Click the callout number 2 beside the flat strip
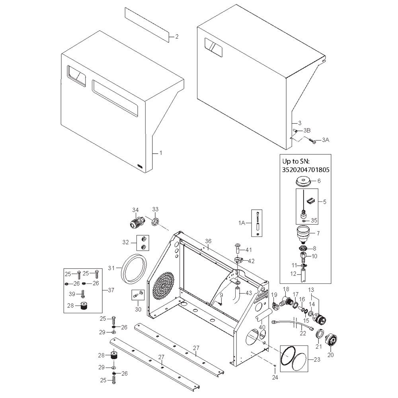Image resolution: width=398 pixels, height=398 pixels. click(x=177, y=37)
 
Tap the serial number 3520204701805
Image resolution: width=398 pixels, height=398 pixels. click(x=306, y=170)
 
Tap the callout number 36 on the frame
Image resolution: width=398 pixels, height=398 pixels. click(x=208, y=241)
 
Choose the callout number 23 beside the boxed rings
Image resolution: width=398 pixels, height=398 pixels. click(x=317, y=359)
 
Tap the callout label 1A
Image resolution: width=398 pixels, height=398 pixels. click(x=242, y=223)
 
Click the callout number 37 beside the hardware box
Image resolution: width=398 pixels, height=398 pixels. click(x=111, y=290)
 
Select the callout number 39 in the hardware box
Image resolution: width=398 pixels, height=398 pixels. click(x=72, y=294)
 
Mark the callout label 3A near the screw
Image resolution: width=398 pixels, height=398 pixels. click(x=326, y=140)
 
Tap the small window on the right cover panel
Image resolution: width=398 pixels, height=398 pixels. click(x=213, y=47)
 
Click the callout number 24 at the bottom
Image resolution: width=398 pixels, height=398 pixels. click(x=275, y=378)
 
